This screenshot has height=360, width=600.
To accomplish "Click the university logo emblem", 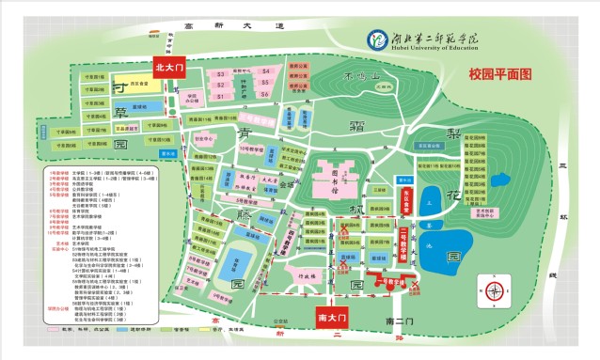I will point(376,39).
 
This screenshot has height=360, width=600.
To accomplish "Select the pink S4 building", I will point(266,70).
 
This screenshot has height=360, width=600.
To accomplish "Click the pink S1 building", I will point(221,95).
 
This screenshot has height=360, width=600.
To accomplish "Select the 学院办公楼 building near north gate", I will point(192,99).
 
